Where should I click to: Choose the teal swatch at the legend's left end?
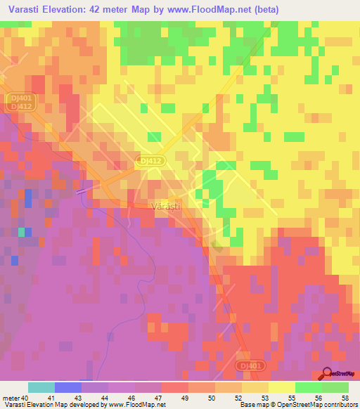(41, 387)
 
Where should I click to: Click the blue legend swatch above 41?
(67, 387)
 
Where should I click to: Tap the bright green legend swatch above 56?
(308, 387)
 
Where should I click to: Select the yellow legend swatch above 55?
(281, 387)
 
